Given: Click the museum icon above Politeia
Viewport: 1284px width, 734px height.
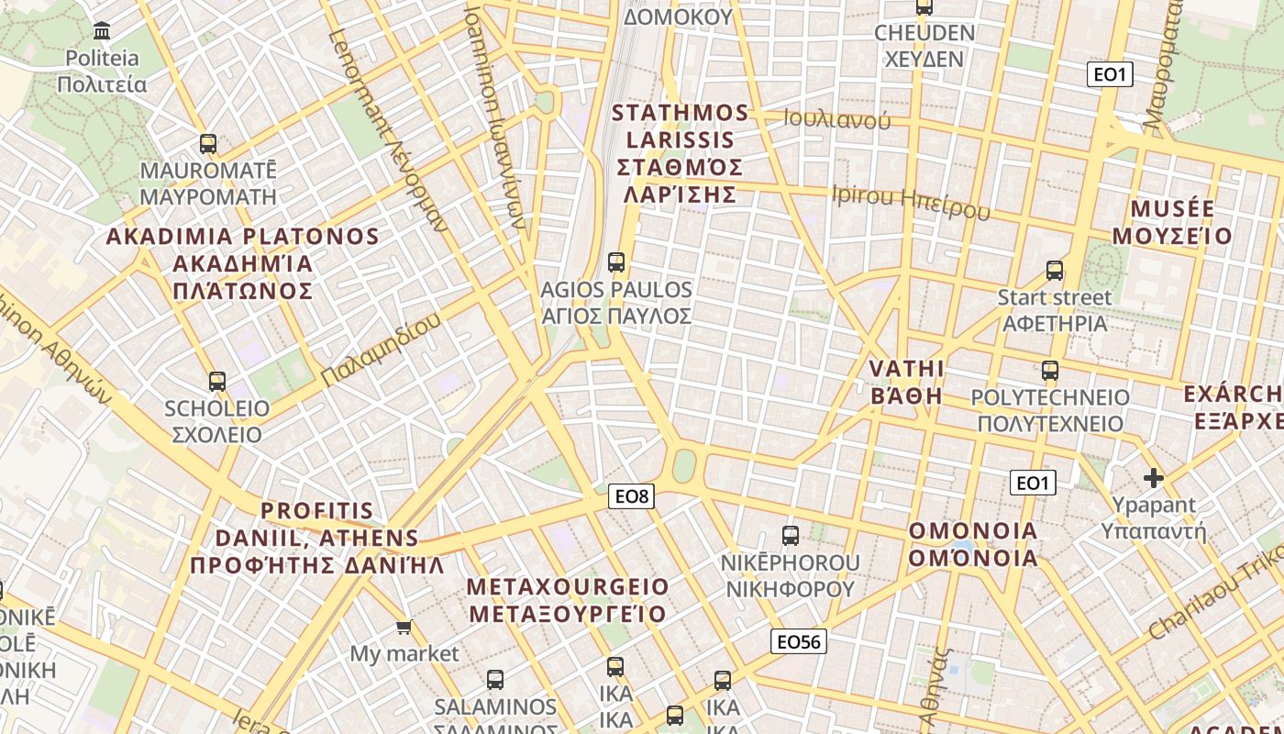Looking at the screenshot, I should tap(102, 31).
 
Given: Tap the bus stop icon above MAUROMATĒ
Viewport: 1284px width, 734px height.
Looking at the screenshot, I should tap(208, 144).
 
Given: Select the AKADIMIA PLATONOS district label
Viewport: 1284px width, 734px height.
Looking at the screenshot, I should tap(243, 263).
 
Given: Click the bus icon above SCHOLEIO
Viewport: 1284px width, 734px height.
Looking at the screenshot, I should tap(217, 382).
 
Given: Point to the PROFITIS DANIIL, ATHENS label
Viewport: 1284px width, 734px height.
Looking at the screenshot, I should tap(316, 538).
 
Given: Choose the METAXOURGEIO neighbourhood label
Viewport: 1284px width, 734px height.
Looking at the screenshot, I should tap(568, 600).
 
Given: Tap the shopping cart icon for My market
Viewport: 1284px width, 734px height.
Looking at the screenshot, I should tap(404, 628).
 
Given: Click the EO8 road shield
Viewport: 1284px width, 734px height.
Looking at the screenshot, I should tap(631, 496).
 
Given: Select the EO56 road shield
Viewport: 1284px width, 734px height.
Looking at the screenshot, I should tap(798, 641).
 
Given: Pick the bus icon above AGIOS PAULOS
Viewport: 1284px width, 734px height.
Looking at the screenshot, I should tap(616, 262).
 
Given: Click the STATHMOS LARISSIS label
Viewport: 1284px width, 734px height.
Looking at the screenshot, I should tap(680, 153).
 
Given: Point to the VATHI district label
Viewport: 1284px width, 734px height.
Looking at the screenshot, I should tap(906, 382).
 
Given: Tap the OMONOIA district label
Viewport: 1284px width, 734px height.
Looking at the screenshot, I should tap(973, 544).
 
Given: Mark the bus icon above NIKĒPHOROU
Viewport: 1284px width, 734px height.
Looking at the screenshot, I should tap(790, 535).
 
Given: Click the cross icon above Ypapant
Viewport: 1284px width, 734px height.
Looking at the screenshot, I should tap(1154, 478).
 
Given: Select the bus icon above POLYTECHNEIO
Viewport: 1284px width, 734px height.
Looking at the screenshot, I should tap(1050, 372).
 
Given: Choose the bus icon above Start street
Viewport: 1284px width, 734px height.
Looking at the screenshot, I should tap(1055, 271).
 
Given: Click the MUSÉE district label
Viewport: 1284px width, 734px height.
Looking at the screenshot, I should tap(1173, 222).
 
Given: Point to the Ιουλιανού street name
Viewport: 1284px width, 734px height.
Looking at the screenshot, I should tap(836, 119).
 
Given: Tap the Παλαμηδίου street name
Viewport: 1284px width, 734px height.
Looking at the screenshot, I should tap(382, 350).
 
